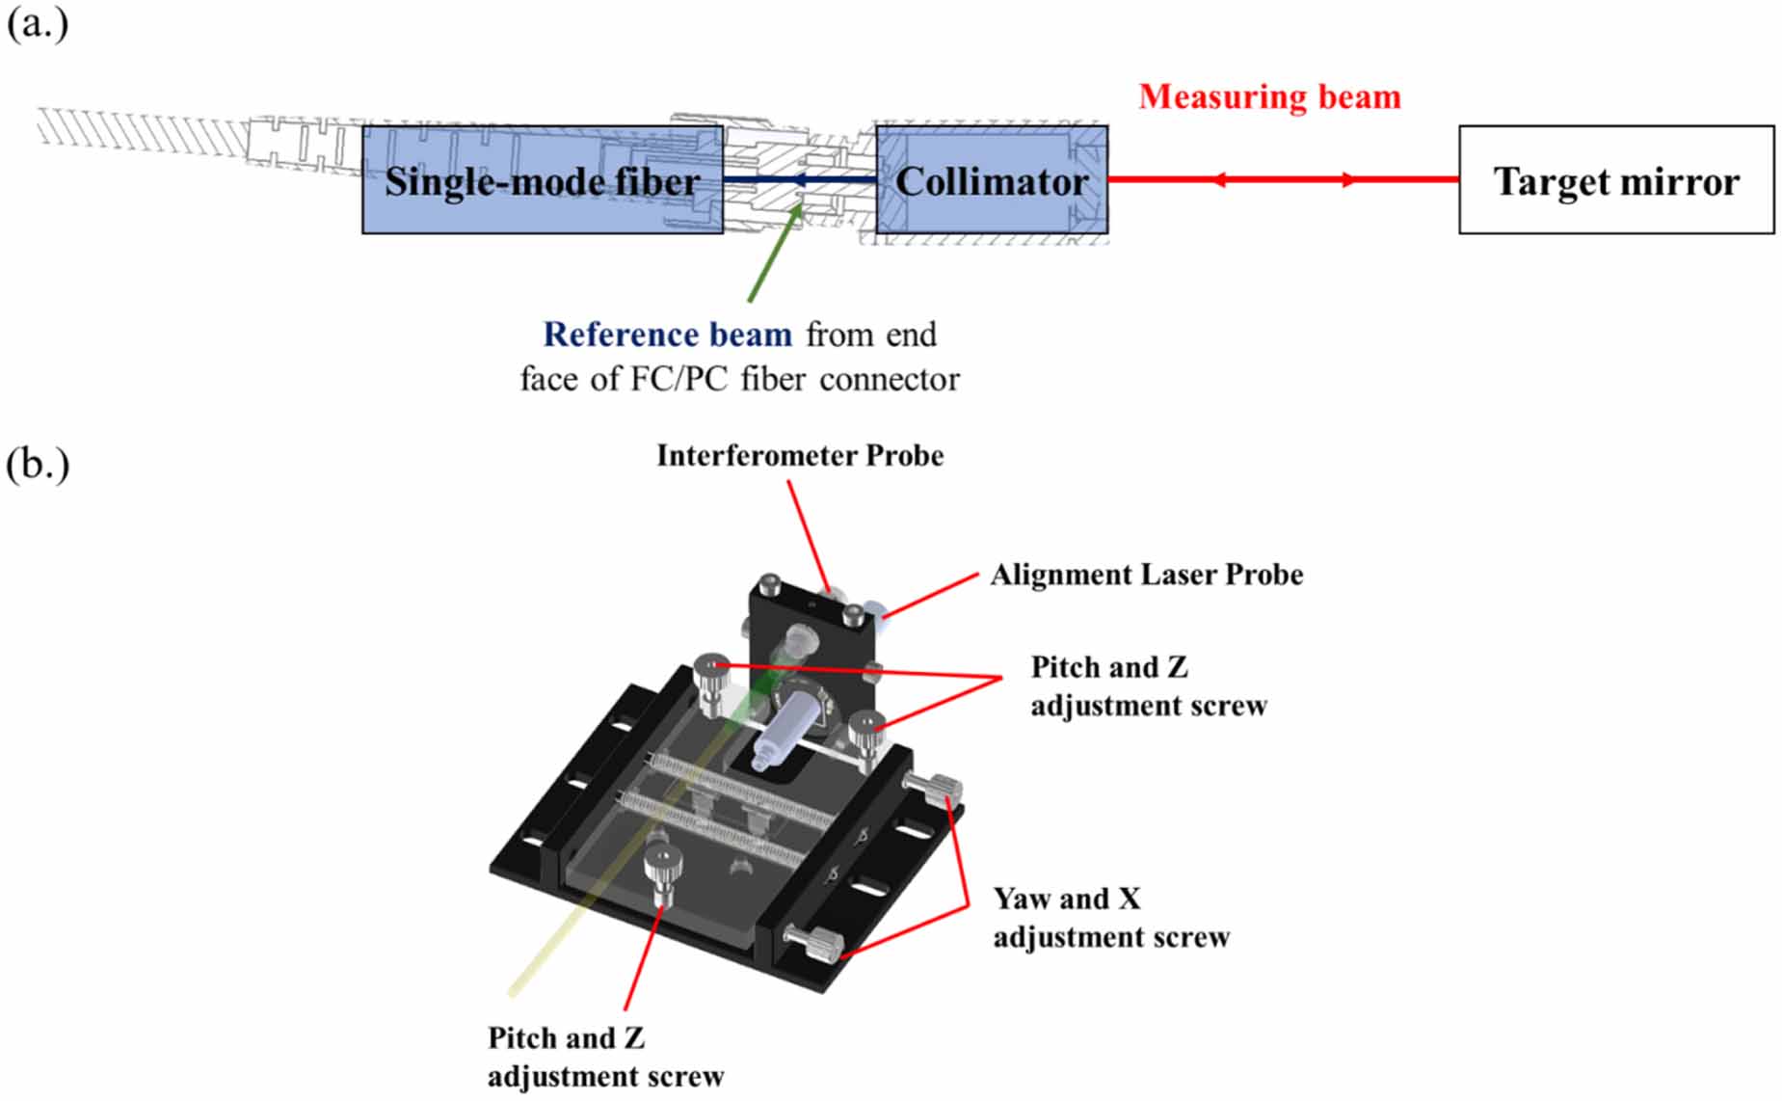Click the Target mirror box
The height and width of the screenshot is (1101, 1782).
1615,180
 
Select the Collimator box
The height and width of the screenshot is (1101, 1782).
992,180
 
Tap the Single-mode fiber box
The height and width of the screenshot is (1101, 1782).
542,180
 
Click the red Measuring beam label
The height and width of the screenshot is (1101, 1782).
1269,96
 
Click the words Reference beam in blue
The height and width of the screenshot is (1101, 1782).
667,335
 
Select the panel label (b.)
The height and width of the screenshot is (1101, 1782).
37,464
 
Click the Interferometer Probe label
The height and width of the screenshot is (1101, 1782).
800,455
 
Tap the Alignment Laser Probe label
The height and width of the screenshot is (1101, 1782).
1147,575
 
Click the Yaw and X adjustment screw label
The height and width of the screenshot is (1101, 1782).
1111,918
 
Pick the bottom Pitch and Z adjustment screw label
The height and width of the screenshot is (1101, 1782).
605,1057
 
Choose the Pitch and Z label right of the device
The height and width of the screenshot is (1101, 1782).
1148,686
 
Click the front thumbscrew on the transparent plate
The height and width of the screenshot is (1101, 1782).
661,873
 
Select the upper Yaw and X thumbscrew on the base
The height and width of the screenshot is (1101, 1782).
934,789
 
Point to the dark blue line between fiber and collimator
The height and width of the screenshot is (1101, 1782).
800,180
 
